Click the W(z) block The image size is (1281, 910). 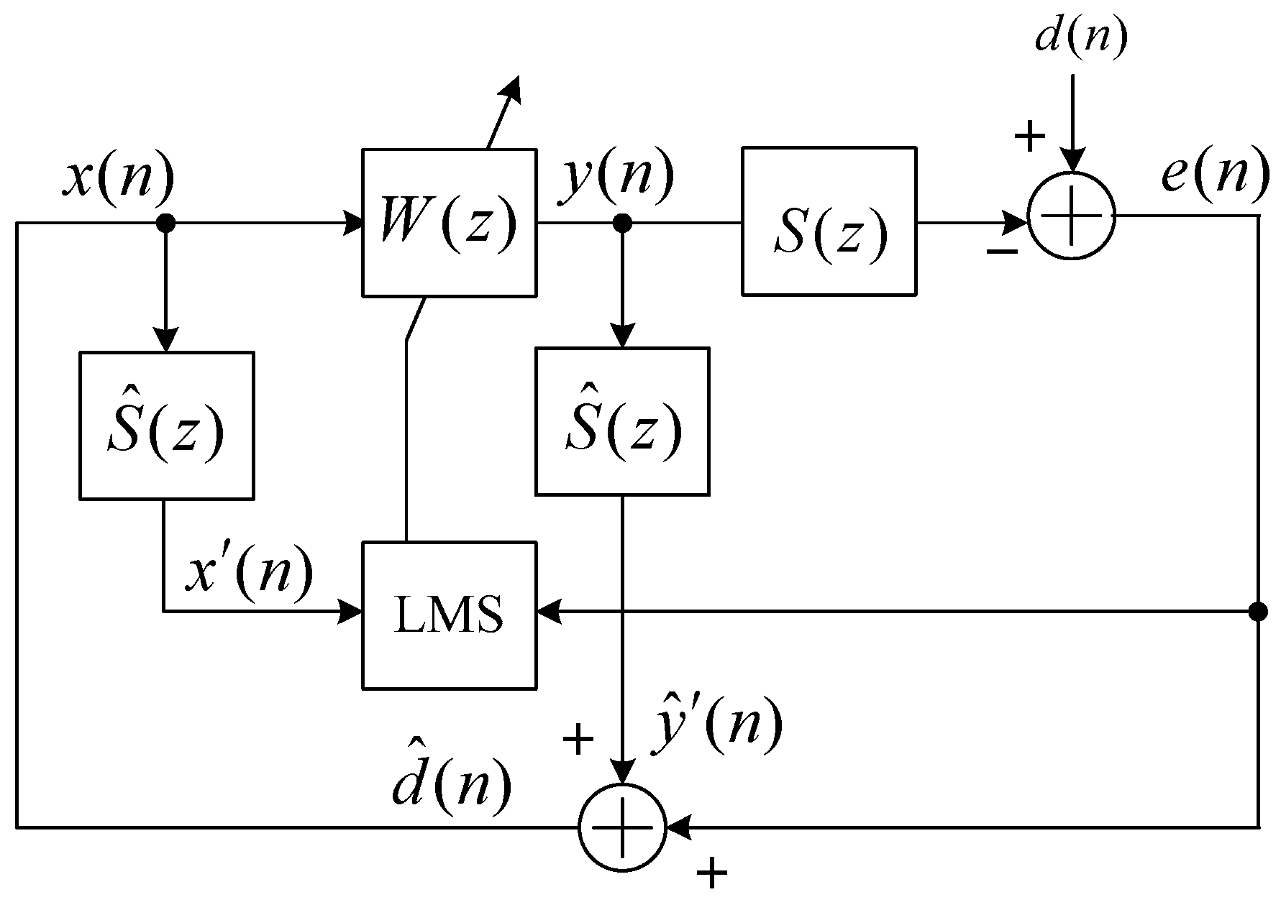[449, 223]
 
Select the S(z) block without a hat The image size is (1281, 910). [829, 221]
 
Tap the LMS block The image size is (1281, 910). [449, 615]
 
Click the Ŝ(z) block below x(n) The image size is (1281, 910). [166, 425]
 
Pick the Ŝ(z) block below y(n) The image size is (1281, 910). [622, 422]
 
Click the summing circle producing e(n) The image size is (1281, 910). [1072, 216]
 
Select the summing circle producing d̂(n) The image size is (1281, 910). [623, 827]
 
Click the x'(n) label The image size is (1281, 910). [250, 573]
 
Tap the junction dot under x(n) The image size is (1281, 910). [166, 224]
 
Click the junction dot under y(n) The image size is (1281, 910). [622, 224]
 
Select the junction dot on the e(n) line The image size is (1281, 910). [1257, 612]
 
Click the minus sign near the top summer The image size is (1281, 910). [1001, 250]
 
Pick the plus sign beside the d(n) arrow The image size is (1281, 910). [1029, 135]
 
